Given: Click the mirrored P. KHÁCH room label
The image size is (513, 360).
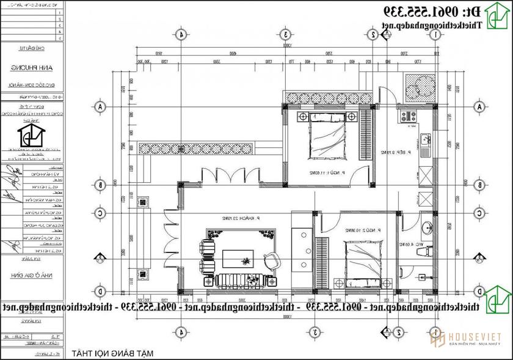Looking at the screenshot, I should pyautogui.click(x=243, y=218).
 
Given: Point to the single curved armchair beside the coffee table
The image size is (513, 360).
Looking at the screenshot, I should pyautogui.click(x=269, y=260).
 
